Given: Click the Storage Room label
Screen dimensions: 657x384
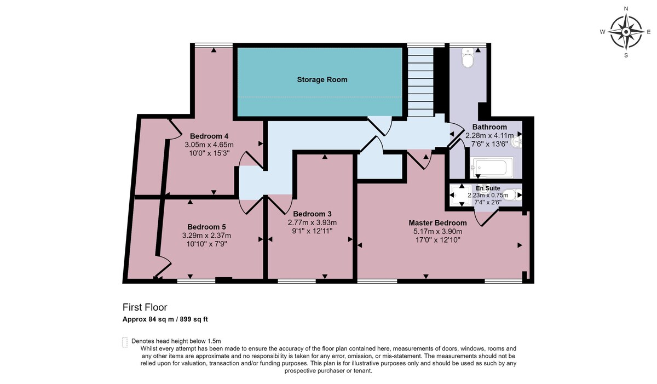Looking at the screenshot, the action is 322,79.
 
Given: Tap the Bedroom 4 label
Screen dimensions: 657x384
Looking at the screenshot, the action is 209,136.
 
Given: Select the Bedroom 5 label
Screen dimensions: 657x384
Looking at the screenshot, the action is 206,227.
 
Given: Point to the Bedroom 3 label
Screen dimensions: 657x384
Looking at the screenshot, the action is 312,214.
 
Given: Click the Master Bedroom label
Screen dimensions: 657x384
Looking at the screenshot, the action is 437,223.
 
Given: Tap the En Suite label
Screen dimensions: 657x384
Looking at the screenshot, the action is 488,188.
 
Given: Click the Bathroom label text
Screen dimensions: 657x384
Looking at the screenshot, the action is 489,127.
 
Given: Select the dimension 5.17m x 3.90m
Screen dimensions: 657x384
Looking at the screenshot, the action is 437,232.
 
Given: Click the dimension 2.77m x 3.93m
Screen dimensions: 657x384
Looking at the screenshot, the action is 312,222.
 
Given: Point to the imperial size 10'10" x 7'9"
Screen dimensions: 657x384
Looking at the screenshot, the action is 207,244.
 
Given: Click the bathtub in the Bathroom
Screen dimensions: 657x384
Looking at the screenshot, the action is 491,168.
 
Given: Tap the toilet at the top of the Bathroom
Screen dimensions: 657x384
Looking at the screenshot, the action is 468,58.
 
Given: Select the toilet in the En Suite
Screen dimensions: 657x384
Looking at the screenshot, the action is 512,195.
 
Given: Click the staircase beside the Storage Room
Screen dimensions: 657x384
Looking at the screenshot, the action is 420,82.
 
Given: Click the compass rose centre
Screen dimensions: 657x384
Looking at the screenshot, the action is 626,32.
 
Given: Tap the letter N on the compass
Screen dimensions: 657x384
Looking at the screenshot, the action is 626,9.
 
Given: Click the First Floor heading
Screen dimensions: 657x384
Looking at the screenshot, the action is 145,307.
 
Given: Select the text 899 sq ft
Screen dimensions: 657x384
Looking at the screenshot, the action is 194,319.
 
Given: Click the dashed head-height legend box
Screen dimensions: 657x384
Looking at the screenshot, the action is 125,342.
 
